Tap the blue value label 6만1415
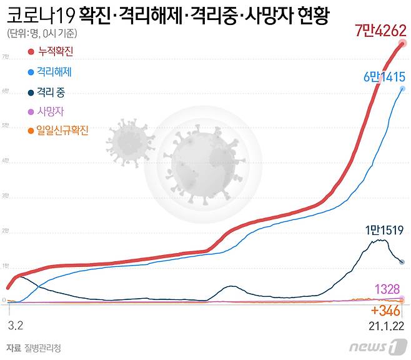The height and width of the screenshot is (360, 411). click(x=384, y=77)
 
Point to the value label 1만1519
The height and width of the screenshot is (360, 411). click(x=384, y=229)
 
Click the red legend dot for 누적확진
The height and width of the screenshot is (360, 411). click(x=31, y=54)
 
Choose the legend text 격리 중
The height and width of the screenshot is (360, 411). click(x=51, y=92)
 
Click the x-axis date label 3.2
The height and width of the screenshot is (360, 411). click(x=15, y=326)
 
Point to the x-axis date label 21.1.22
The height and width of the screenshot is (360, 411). click(x=385, y=326)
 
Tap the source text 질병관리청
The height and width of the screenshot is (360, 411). click(x=43, y=347)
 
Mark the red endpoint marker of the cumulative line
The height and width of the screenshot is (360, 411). click(x=403, y=43)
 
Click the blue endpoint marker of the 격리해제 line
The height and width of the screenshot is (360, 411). click(x=402, y=89)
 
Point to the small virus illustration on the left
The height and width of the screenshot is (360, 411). click(x=130, y=142)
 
